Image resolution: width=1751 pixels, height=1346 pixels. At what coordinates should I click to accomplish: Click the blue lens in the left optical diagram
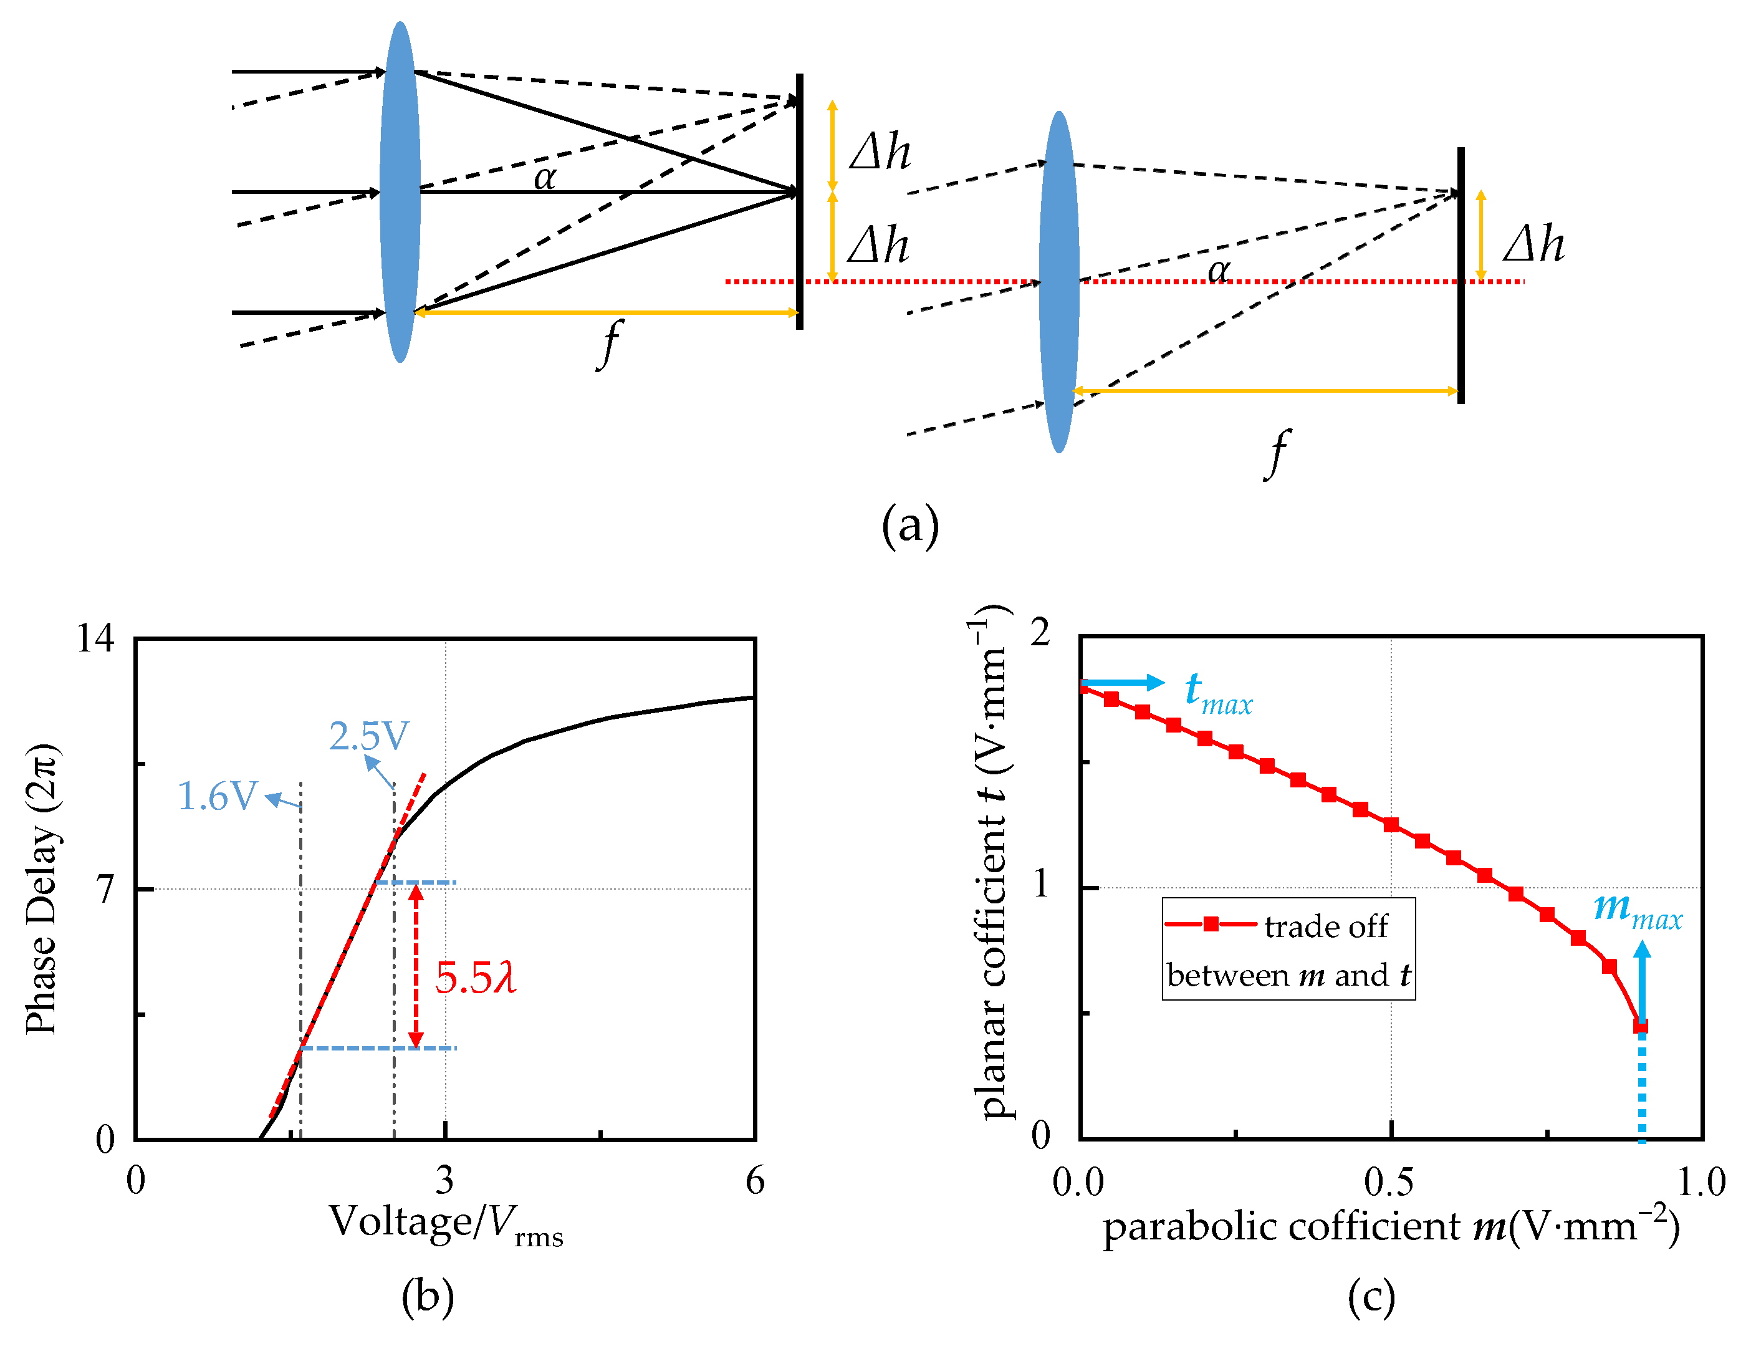tap(400, 192)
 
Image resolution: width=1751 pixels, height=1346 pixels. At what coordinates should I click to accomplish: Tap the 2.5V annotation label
tap(368, 736)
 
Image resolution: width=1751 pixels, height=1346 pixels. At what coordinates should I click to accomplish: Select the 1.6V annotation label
tap(217, 796)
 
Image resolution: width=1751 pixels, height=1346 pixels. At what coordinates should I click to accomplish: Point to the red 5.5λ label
tap(475, 978)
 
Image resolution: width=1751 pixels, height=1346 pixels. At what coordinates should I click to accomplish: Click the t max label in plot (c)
tap(1217, 694)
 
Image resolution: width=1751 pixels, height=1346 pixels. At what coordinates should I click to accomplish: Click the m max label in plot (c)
tap(1636, 911)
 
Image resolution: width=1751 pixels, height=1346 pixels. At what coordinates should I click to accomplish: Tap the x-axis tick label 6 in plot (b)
tap(754, 1181)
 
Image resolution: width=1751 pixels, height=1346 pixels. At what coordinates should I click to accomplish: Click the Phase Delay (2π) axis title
tap(42, 889)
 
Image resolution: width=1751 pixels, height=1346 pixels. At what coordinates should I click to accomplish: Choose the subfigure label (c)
tap(1371, 1297)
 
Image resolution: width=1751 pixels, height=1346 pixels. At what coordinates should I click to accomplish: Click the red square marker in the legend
tap(1211, 925)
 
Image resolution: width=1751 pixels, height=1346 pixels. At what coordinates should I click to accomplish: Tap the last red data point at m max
tap(1639, 1026)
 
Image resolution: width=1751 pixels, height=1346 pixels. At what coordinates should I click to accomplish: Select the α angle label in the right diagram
tap(1218, 270)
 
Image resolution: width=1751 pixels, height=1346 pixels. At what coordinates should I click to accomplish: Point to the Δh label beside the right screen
tap(1533, 244)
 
